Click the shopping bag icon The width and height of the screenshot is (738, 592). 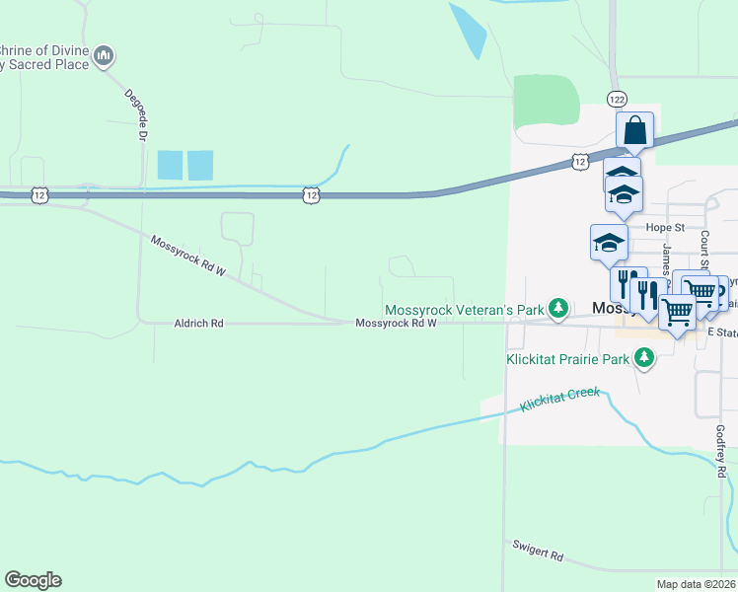[x=635, y=129]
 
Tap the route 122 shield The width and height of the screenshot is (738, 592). [x=617, y=100]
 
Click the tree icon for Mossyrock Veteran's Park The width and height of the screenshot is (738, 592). [x=558, y=309]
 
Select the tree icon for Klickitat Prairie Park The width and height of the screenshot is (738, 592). [x=644, y=360]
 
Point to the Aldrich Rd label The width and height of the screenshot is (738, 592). [x=198, y=323]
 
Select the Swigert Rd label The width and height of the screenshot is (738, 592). [x=538, y=549]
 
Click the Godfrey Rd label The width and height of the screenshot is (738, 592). [x=720, y=452]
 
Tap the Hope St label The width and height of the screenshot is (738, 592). [x=665, y=227]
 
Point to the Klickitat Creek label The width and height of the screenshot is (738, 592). [x=560, y=399]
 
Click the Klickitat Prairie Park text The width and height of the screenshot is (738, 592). [x=567, y=360]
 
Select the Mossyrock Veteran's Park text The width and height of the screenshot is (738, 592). [x=464, y=310]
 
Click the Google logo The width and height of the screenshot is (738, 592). [x=33, y=580]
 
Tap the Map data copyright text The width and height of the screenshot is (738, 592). [x=697, y=584]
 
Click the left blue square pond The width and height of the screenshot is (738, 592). [x=170, y=165]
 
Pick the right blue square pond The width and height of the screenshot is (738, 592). [x=200, y=165]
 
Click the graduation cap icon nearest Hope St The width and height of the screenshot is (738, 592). [x=609, y=242]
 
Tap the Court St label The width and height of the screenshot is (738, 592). [x=704, y=251]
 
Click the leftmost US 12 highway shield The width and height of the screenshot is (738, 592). [x=38, y=195]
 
